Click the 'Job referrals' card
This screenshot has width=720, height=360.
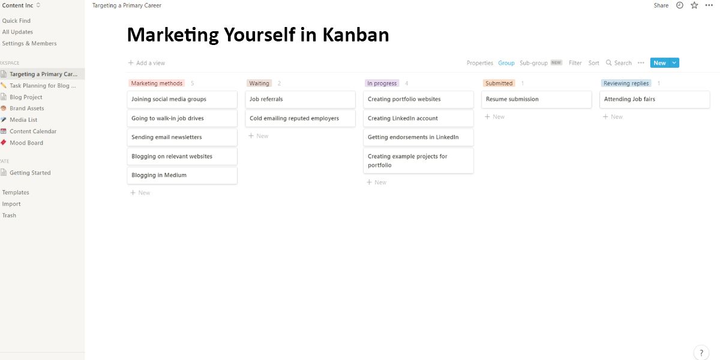pos(300,100)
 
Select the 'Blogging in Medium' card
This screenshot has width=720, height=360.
pos(182,175)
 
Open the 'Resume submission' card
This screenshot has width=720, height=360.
pos(536,100)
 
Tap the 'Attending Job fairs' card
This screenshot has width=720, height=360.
pos(655,100)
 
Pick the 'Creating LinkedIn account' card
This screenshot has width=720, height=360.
pos(418,118)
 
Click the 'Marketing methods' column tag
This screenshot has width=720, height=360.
pos(157,83)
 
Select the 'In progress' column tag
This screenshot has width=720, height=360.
pos(382,83)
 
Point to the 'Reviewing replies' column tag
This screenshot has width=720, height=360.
pos(626,83)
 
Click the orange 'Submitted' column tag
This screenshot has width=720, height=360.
pos(499,83)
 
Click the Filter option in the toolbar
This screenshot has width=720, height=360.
pos(575,63)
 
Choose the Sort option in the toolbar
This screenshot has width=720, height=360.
pos(593,63)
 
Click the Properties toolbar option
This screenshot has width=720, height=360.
pos(479,63)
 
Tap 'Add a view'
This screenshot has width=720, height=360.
pos(146,63)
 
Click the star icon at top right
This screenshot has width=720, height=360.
pos(694,5)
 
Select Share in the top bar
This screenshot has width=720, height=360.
pos(661,5)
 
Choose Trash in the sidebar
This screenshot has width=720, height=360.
pos(9,215)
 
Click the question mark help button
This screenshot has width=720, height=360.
pos(701,353)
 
